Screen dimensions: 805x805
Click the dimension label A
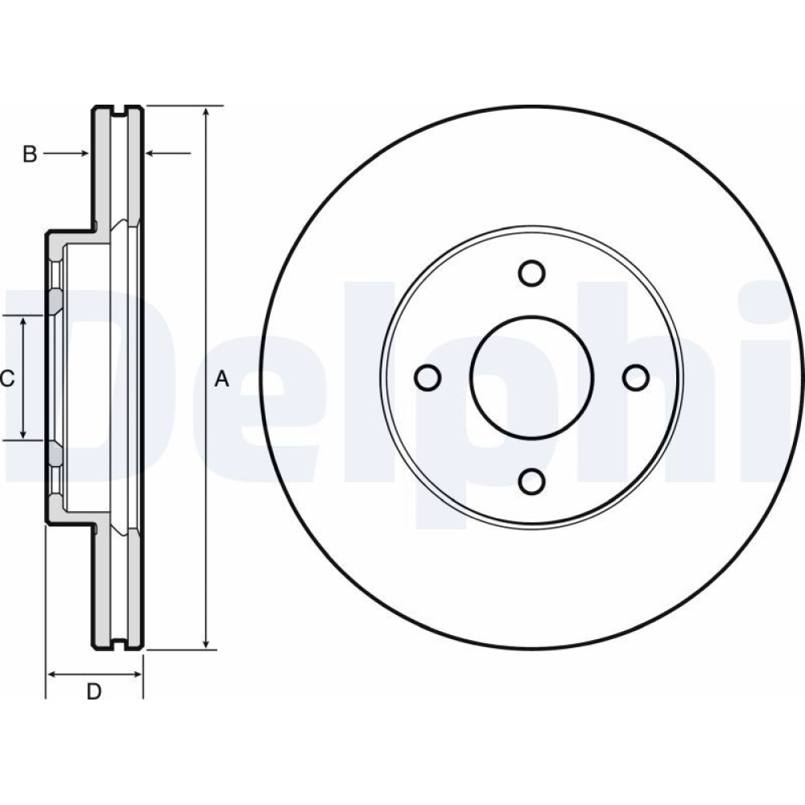coord(221,379)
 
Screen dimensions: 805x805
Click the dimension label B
coord(31,154)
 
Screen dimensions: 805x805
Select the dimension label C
coord(7,379)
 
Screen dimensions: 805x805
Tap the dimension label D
coord(94,691)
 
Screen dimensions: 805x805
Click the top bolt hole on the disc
coord(531,273)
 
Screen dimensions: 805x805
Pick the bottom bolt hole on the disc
coord(531,481)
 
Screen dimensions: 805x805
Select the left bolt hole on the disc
coord(427,378)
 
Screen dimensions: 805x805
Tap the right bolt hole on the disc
coord(636,378)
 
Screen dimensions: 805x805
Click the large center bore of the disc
coord(531,378)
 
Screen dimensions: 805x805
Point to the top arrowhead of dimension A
coord(206,112)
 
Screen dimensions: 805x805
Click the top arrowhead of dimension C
coord(23,322)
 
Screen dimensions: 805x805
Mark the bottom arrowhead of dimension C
coord(23,435)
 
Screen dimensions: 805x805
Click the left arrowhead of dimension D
coord(52,674)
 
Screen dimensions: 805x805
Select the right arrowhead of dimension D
coord(136,674)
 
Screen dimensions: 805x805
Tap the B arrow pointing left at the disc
coord(168,153)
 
